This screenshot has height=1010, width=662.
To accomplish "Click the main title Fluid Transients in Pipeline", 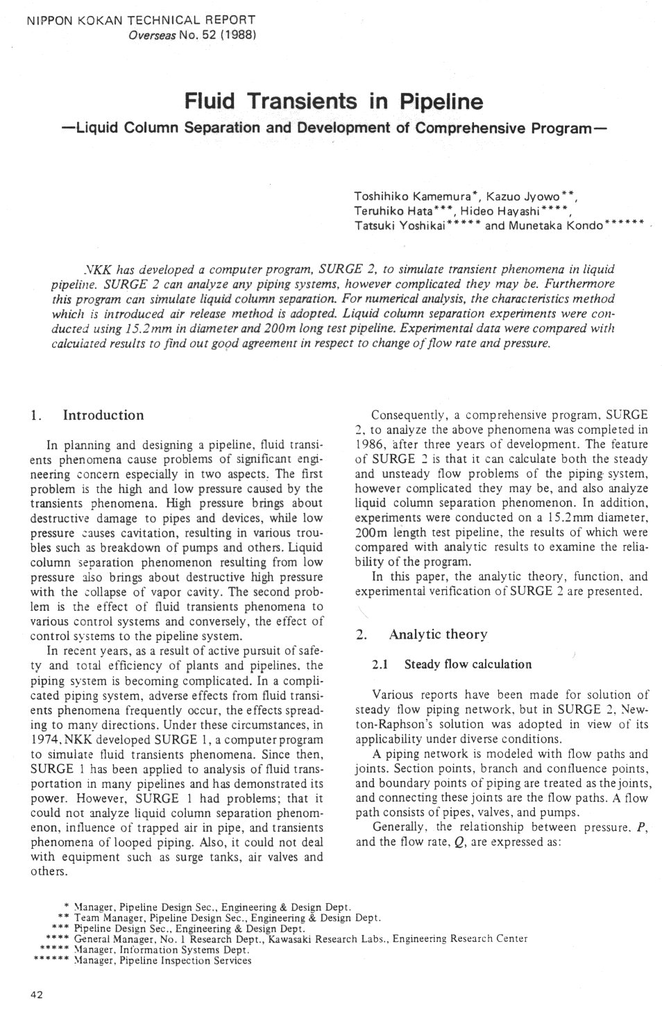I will (x=332, y=103).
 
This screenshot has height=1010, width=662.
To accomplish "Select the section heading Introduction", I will (x=103, y=415).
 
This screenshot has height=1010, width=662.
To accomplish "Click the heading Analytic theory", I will (x=439, y=634).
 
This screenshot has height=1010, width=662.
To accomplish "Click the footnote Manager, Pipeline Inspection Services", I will (x=162, y=961).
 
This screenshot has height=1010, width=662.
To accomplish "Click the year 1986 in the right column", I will (x=368, y=444).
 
